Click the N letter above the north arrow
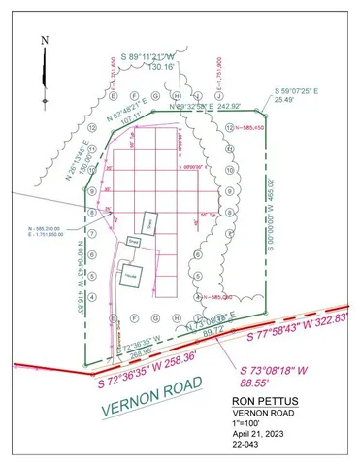point(45,41)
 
